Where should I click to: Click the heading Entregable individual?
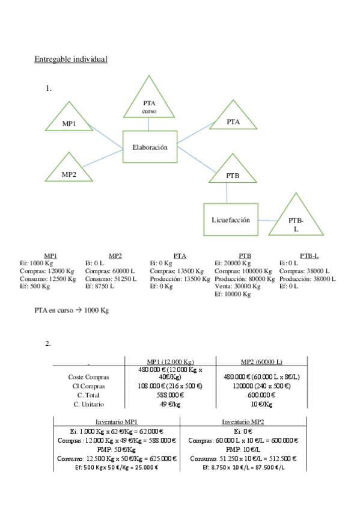pos(71,59)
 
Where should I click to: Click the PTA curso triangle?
pos(149,102)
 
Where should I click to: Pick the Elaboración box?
pos(150,147)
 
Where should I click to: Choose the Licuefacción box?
pos(230,220)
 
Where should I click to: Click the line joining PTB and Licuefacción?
pos(227,192)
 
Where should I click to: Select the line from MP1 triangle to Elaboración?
pos(106,136)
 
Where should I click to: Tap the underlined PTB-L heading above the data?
pos(309,256)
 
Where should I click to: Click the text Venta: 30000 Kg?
pos(237,286)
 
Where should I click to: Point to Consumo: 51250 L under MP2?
pos(108,278)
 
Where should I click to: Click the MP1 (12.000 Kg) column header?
pos(170,361)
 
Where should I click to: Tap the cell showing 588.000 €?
pos(170,395)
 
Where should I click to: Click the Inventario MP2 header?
pos(244,421)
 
